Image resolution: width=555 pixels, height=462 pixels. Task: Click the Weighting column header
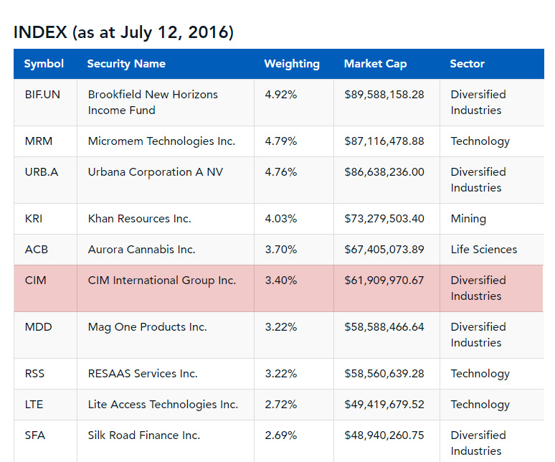point(292,64)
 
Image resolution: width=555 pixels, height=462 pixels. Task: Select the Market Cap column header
point(375,64)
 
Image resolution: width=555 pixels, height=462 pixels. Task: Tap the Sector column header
point(467,64)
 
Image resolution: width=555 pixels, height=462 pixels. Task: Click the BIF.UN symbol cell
point(42,95)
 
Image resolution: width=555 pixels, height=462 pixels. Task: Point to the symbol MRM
point(39,141)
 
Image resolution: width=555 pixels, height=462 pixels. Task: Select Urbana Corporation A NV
point(156,172)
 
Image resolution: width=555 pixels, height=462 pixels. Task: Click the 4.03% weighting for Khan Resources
point(280,219)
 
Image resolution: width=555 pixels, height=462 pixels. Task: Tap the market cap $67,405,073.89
point(384,250)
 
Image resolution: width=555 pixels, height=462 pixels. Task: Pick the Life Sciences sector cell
point(484,250)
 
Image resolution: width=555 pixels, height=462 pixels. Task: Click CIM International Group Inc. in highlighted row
point(162,280)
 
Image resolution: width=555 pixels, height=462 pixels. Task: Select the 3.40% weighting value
point(280,280)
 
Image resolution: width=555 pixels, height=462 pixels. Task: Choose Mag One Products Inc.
point(147,327)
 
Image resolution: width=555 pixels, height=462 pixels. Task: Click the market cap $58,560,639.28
point(384,374)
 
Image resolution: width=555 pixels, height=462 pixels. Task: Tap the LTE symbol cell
point(34,405)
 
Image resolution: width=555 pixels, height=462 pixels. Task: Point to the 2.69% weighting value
point(280,435)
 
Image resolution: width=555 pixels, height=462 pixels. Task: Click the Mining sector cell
point(468,219)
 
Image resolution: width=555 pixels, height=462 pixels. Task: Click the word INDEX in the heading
point(40,32)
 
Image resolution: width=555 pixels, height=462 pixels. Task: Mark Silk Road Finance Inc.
point(144,435)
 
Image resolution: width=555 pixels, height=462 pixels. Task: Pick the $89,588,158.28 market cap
point(384,95)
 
